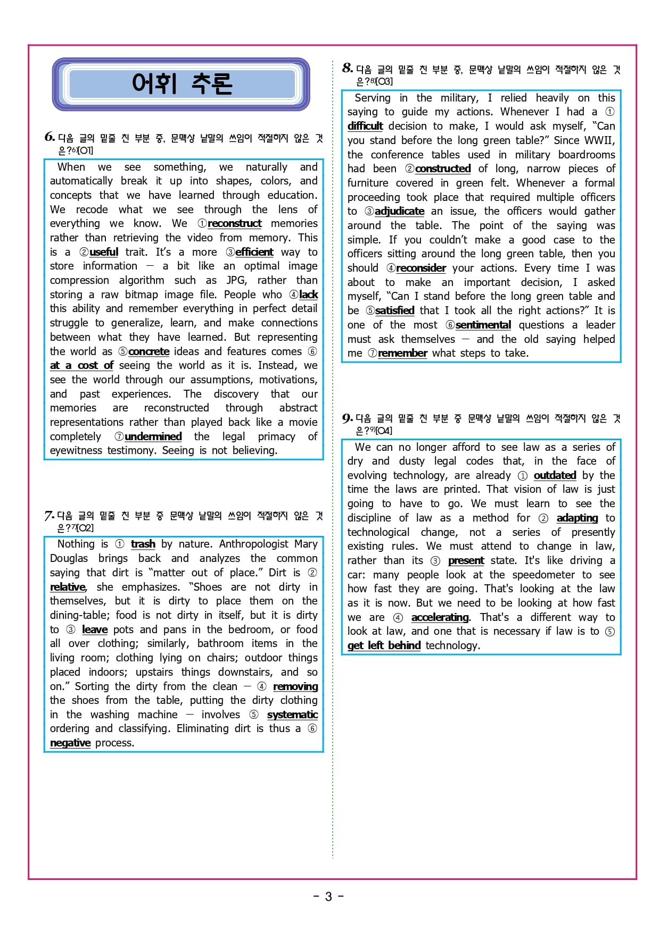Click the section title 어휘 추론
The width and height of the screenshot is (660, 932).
coord(181,84)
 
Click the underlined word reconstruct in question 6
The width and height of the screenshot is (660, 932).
coord(234,224)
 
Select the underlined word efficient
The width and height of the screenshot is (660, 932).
coord(254,252)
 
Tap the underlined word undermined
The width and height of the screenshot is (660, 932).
coord(153,436)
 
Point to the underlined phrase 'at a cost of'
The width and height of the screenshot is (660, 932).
coord(81,365)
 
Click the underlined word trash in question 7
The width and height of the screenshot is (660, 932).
coord(143,544)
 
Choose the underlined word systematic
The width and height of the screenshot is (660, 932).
coord(292,715)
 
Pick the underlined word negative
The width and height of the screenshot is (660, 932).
coord(70,743)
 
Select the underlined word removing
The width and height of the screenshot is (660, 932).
coord(295,686)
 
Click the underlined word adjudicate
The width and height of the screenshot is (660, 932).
coord(399,211)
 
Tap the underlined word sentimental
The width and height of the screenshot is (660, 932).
coord(483,325)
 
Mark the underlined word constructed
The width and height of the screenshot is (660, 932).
coord(443,169)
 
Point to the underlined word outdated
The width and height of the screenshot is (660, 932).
coord(555,475)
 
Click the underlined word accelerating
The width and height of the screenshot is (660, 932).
coord(440,617)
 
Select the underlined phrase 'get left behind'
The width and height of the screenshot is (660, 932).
coord(384,645)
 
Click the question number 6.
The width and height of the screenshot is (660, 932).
coord(49,137)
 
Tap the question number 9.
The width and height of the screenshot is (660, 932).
coord(347,418)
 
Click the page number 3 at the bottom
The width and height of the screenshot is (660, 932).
coord(328,896)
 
